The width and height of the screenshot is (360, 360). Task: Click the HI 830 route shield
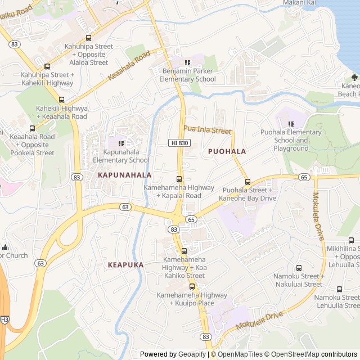179,143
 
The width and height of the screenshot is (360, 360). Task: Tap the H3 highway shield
4,319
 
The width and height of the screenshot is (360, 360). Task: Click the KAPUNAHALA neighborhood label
125,175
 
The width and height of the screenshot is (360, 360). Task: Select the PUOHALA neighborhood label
227,151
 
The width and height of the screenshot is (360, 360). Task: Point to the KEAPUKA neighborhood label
125,264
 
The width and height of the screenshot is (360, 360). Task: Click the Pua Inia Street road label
207,130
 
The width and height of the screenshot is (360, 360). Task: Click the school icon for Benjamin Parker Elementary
188,62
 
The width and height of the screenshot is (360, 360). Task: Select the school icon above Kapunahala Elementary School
121,143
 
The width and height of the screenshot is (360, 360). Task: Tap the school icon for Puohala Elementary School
291,124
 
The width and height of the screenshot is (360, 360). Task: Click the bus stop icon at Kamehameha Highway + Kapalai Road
179,179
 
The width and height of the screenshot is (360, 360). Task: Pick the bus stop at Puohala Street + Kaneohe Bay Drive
247,182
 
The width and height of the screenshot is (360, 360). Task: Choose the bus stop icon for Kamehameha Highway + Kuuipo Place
192,286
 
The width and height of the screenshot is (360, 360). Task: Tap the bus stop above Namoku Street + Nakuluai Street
299,268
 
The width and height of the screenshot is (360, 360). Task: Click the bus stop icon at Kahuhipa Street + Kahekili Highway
47,66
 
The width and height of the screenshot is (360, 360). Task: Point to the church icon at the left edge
5,247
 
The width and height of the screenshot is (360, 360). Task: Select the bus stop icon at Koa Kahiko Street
184,251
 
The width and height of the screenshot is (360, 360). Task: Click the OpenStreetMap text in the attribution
292,354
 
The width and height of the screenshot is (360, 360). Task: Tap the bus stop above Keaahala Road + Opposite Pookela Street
32,128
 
